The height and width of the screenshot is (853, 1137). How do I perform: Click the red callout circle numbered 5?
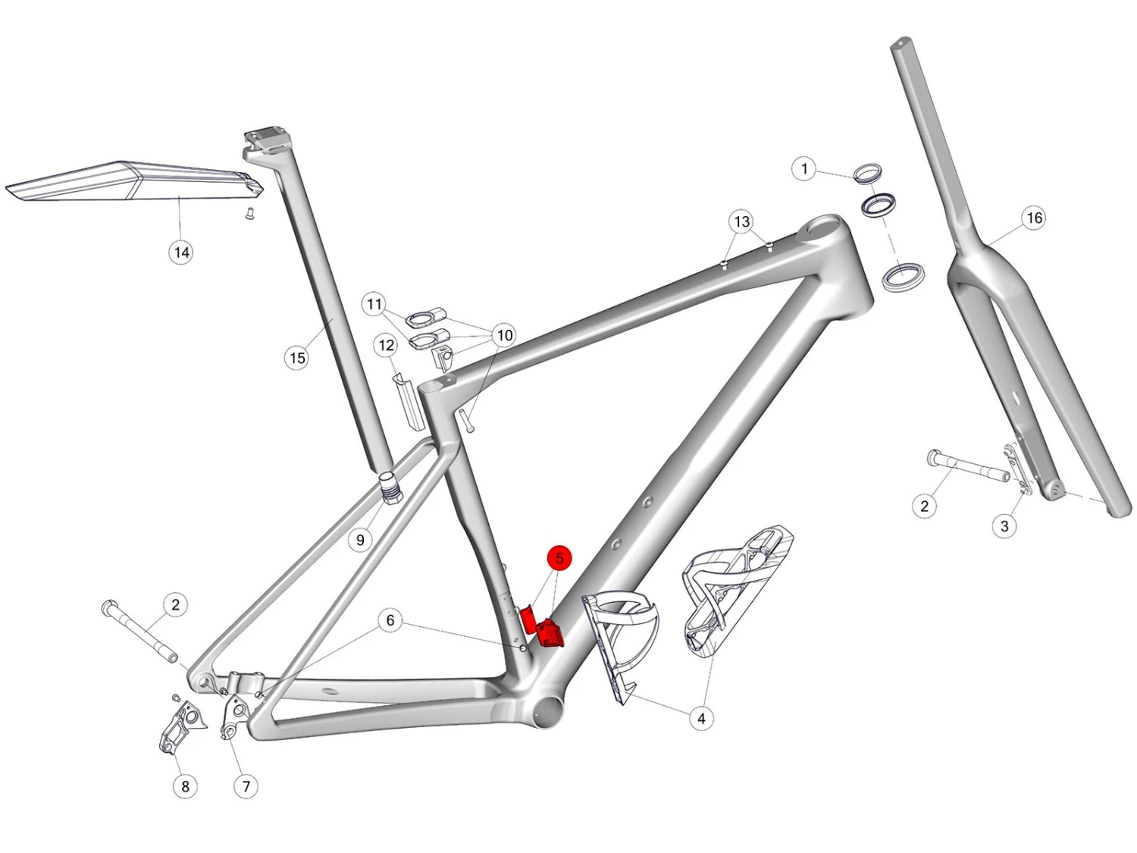pos(559,558)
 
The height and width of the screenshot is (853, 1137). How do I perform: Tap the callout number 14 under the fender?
pos(181,252)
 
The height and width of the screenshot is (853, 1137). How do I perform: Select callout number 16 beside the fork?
pos(1034,218)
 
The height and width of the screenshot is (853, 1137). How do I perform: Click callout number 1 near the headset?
pos(804,169)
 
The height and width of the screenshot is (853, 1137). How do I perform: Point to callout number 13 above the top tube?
pos(742,221)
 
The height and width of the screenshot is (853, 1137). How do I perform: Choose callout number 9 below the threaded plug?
pos(361,540)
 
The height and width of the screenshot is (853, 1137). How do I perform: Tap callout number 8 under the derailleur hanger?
pos(185,787)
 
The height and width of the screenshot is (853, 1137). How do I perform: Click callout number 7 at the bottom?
pos(246,787)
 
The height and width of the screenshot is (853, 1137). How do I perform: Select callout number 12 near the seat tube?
pos(387,346)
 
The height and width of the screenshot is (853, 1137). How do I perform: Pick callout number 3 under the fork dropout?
pos(1004,527)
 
